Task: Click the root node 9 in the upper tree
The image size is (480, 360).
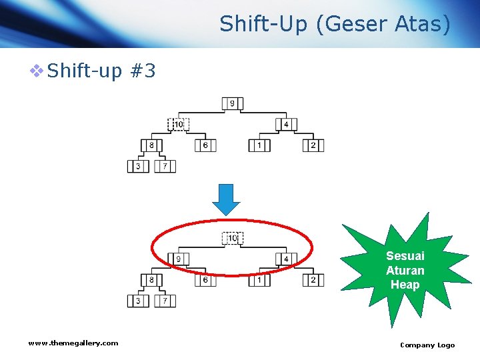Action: tap(233, 103)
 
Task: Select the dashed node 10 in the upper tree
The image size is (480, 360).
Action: tap(178, 124)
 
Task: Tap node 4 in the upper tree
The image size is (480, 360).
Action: tap(286, 124)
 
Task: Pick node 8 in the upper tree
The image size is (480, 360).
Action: tap(151, 145)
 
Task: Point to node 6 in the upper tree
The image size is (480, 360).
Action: tap(205, 145)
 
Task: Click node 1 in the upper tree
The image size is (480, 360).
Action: tap(259, 145)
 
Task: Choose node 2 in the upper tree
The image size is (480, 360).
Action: tap(313, 145)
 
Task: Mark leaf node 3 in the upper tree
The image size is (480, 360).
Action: tap(138, 166)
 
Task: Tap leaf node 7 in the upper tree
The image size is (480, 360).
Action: tap(165, 166)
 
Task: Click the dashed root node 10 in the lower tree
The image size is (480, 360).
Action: tap(233, 238)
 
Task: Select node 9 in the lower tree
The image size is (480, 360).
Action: tap(179, 259)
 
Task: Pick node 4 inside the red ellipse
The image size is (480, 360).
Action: tap(286, 259)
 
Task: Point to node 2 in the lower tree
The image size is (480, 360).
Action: tap(313, 280)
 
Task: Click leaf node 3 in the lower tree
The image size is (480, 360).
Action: tap(138, 301)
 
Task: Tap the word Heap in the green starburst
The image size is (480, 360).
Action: tap(405, 285)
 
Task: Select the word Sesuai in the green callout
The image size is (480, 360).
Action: tap(405, 256)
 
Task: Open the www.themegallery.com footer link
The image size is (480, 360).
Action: tap(73, 343)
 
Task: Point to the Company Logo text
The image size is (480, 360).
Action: tap(427, 345)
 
